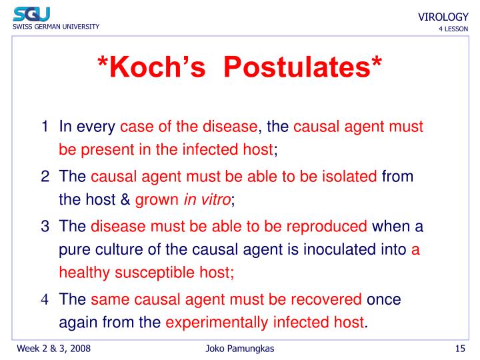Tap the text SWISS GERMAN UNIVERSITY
click(x=55, y=27)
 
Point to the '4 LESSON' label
click(x=453, y=29)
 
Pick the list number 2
click(x=44, y=176)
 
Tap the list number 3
click(x=44, y=226)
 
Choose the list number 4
click(x=44, y=300)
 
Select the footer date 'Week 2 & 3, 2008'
click(x=54, y=349)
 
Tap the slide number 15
click(x=459, y=349)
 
